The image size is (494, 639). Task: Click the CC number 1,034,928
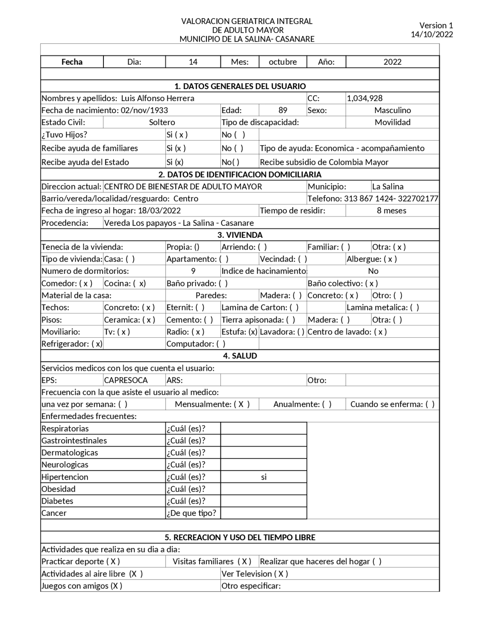point(364,98)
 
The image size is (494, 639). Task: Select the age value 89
point(283,110)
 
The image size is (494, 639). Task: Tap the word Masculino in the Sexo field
point(392,110)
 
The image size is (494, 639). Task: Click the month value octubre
point(283,62)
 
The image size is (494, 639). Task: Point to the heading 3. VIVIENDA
point(240,235)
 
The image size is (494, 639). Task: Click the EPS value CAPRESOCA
point(126,380)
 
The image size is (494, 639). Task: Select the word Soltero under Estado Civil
point(162,122)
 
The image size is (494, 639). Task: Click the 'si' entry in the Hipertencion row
point(264,477)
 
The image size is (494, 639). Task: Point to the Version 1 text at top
point(436,25)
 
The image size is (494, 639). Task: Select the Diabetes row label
point(57,501)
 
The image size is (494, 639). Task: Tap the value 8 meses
point(391,211)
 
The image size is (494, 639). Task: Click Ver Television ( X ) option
point(255,574)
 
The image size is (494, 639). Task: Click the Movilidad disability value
point(392,122)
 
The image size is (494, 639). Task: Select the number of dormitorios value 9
point(193,271)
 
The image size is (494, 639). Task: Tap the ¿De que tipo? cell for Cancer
point(191,513)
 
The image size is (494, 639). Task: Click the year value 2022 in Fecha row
point(392,62)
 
